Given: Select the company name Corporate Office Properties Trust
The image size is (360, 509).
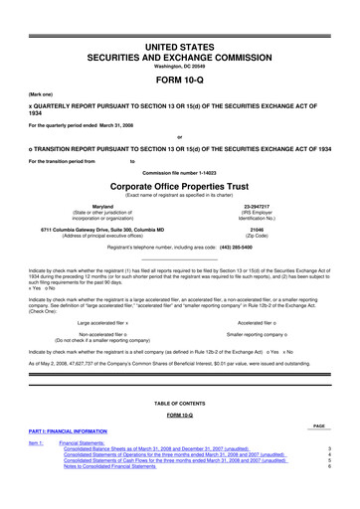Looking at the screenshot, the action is (x=180, y=186).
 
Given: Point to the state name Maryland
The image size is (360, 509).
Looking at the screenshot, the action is (x=106, y=206).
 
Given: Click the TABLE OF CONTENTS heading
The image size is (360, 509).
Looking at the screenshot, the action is (x=180, y=402).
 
